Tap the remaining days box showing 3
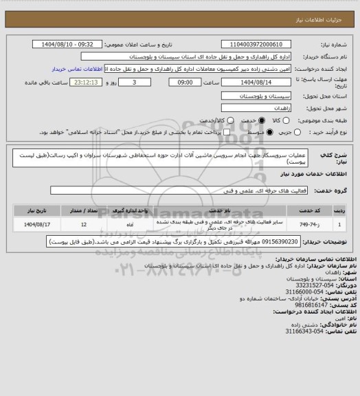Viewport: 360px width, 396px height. pyautogui.click(x=133, y=82)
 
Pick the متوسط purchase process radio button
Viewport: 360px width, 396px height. pyautogui.click(x=239, y=131)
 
